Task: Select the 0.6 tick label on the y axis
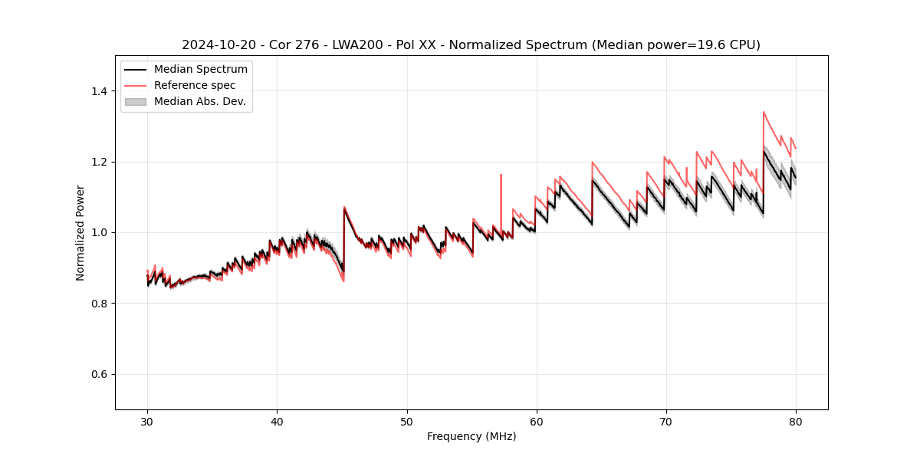click(99, 374)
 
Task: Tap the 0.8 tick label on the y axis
click(99, 304)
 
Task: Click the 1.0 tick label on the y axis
click(99, 232)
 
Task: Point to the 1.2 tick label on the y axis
click(99, 162)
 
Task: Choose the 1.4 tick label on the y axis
click(99, 91)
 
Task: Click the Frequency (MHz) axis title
click(472, 436)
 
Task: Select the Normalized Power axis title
click(80, 232)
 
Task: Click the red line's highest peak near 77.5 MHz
click(764, 112)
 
